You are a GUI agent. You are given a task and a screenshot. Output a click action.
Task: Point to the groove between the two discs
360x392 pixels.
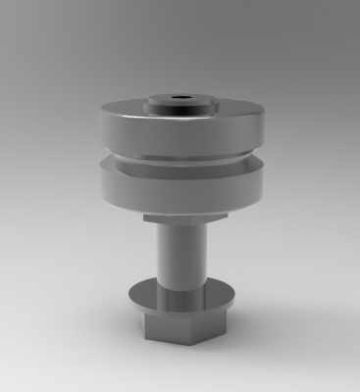[x=181, y=157]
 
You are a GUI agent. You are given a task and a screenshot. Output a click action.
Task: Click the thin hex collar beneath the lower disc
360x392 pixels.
[x=182, y=219]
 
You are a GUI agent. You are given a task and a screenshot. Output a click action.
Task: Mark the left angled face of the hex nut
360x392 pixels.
[x=149, y=322]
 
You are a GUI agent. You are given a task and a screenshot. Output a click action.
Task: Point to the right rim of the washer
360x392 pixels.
[x=231, y=297]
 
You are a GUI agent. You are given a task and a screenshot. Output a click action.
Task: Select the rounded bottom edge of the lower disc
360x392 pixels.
[x=181, y=207]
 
